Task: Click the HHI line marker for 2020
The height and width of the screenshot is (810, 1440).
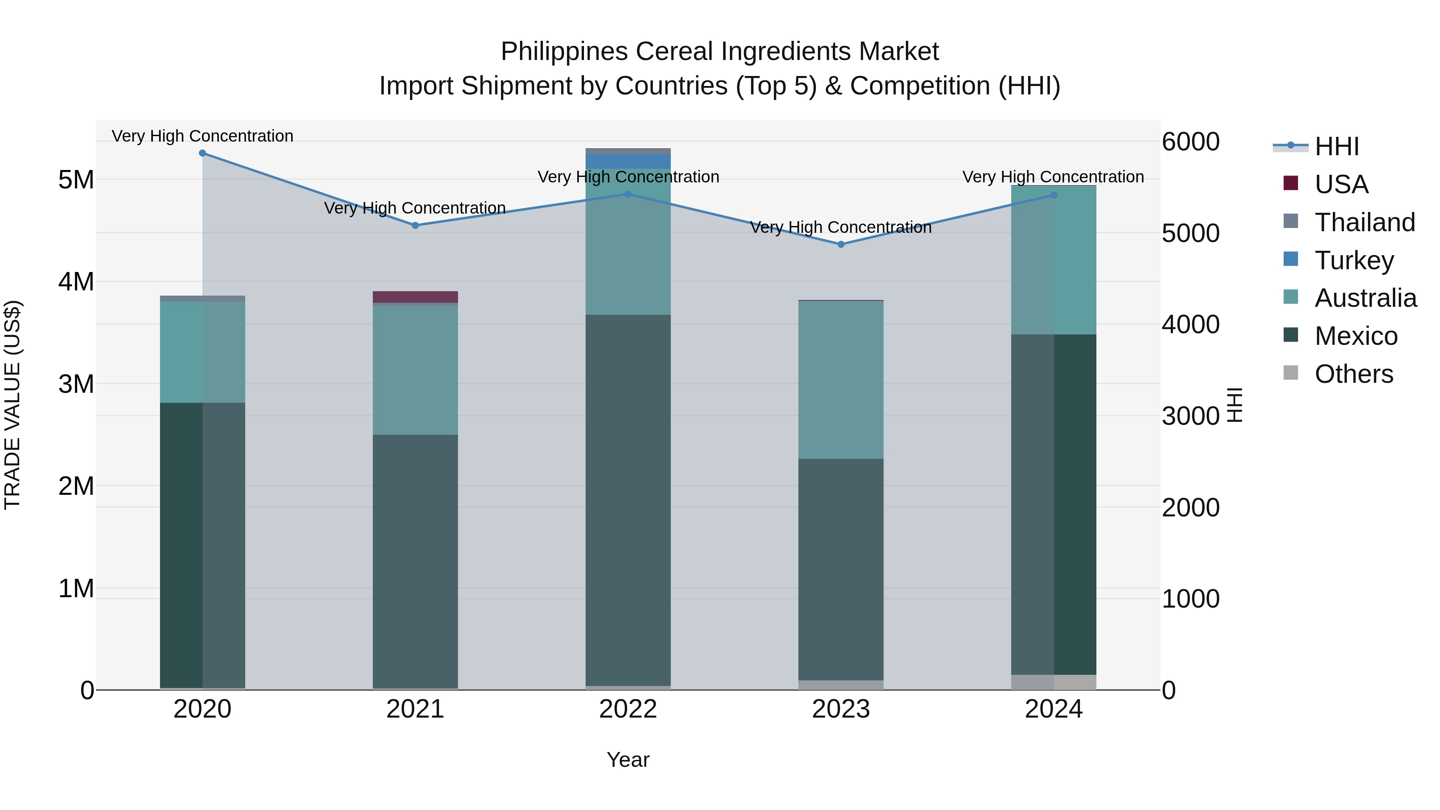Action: click(202, 153)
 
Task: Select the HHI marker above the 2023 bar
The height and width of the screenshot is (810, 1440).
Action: click(841, 244)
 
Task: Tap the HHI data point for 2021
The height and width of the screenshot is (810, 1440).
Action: click(415, 225)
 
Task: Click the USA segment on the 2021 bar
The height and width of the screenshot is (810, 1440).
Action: click(415, 297)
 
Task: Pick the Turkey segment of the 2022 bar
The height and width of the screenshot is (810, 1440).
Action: click(628, 162)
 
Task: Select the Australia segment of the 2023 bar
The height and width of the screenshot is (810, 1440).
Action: click(841, 380)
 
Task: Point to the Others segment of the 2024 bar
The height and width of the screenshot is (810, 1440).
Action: click(1054, 682)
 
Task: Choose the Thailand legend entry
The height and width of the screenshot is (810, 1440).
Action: click(1364, 222)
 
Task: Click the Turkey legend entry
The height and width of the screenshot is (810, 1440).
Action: click(1354, 260)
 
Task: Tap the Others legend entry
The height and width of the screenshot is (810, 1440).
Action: click(1353, 374)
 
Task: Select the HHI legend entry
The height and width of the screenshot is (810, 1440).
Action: click(1336, 146)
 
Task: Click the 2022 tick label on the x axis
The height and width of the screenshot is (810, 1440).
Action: click(628, 709)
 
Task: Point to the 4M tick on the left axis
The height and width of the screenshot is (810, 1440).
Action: click(76, 282)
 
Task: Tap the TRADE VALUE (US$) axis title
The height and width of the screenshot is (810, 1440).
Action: click(12, 405)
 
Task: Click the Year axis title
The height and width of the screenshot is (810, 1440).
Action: click(628, 760)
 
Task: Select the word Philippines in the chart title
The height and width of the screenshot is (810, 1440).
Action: click(564, 52)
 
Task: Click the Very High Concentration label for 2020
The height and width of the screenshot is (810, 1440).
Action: click(202, 136)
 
